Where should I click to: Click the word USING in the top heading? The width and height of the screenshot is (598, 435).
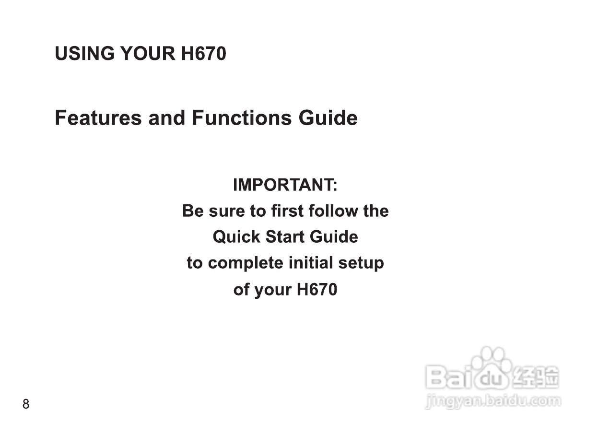click(x=84, y=53)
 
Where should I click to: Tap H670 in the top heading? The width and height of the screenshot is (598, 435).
click(x=203, y=53)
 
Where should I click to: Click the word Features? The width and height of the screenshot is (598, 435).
click(x=98, y=118)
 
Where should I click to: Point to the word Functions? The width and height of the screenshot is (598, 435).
click(x=242, y=118)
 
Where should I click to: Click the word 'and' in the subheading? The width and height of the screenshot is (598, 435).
click(x=166, y=118)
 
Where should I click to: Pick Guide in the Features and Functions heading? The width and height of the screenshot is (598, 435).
click(x=328, y=118)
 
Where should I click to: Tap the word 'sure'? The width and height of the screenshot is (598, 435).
click(x=227, y=211)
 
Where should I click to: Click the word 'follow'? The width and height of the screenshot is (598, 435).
click(x=333, y=211)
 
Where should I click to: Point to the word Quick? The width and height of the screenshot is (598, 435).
click(x=236, y=237)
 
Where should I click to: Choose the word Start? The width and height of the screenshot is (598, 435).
click(x=285, y=237)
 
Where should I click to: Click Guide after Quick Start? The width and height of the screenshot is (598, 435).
click(x=334, y=237)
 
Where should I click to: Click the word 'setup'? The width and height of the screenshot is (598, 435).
click(x=361, y=264)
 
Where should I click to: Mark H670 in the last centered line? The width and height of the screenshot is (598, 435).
click(x=317, y=289)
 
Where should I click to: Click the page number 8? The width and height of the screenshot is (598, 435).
click(x=26, y=404)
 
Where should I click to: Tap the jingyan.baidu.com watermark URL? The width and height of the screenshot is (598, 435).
click(x=493, y=401)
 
